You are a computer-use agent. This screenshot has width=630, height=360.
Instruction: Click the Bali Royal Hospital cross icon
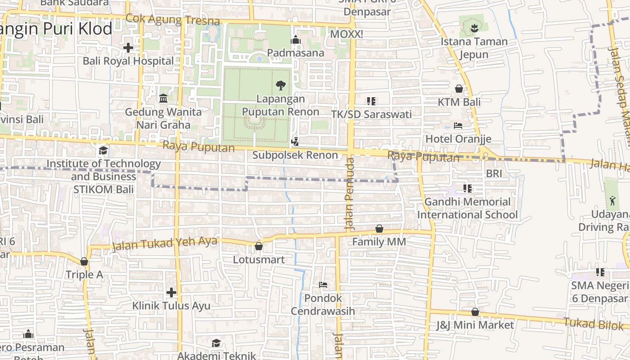(x=128, y=47)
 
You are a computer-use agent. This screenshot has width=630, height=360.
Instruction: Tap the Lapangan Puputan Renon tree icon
(x=281, y=85)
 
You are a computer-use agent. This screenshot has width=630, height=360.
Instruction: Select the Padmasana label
(x=296, y=53)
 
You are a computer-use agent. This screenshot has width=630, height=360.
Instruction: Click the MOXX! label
(x=346, y=34)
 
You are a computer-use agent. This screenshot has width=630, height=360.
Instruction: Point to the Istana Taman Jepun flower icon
(x=473, y=29)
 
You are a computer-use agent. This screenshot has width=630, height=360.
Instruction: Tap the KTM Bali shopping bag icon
(x=459, y=89)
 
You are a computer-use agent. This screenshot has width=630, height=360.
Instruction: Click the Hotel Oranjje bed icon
(x=458, y=126)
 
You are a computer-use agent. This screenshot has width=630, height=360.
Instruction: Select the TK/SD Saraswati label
(x=371, y=114)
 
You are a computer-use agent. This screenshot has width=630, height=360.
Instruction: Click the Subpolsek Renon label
(x=295, y=155)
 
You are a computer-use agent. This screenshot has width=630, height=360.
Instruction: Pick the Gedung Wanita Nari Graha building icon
(x=163, y=98)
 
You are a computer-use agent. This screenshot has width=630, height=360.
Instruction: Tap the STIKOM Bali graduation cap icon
(x=103, y=150)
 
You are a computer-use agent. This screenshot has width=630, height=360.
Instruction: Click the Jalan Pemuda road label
(x=350, y=193)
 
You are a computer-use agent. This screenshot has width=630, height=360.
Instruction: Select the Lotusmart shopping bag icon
(x=259, y=246)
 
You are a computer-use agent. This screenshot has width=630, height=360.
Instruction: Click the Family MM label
(x=379, y=242)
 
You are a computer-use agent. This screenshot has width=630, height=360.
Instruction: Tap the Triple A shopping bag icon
(x=84, y=261)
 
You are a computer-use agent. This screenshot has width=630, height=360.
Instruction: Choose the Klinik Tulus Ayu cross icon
(x=171, y=292)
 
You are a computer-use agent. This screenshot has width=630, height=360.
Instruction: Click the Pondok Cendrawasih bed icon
(x=323, y=285)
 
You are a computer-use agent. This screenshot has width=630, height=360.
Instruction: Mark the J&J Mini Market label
(x=475, y=325)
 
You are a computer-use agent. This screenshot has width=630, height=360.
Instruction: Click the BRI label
(x=494, y=173)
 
